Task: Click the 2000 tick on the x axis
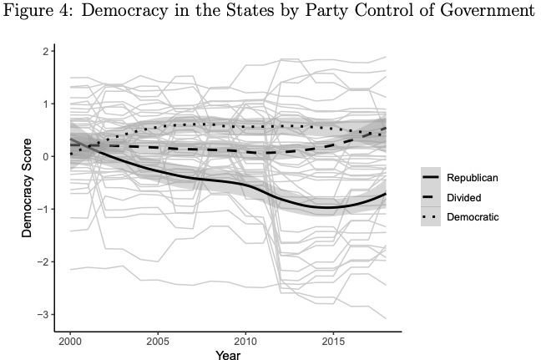71,341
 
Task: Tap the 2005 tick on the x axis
159,341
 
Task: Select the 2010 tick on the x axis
246,341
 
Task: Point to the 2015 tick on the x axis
334,341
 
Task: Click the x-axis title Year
228,355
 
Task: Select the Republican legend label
473,178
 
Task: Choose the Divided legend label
464,197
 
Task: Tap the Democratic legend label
473,216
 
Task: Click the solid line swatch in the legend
431,178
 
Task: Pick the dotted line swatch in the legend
431,216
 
